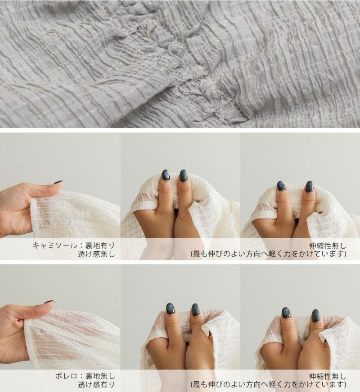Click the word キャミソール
pos(54,245)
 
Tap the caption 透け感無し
pos(96,254)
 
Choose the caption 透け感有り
pos(96,385)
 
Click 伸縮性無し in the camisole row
pos(328,245)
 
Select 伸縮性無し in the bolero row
pos(328,376)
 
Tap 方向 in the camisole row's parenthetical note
pos(253,254)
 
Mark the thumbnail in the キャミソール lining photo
pos(58,182)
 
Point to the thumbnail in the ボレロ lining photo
pos(49,302)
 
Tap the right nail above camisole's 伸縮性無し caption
pos(310,187)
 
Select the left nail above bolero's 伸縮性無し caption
pos(286,313)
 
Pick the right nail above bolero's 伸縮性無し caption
pos(316,316)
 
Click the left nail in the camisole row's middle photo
pos(166,175)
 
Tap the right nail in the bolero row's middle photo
pos(195,310)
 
